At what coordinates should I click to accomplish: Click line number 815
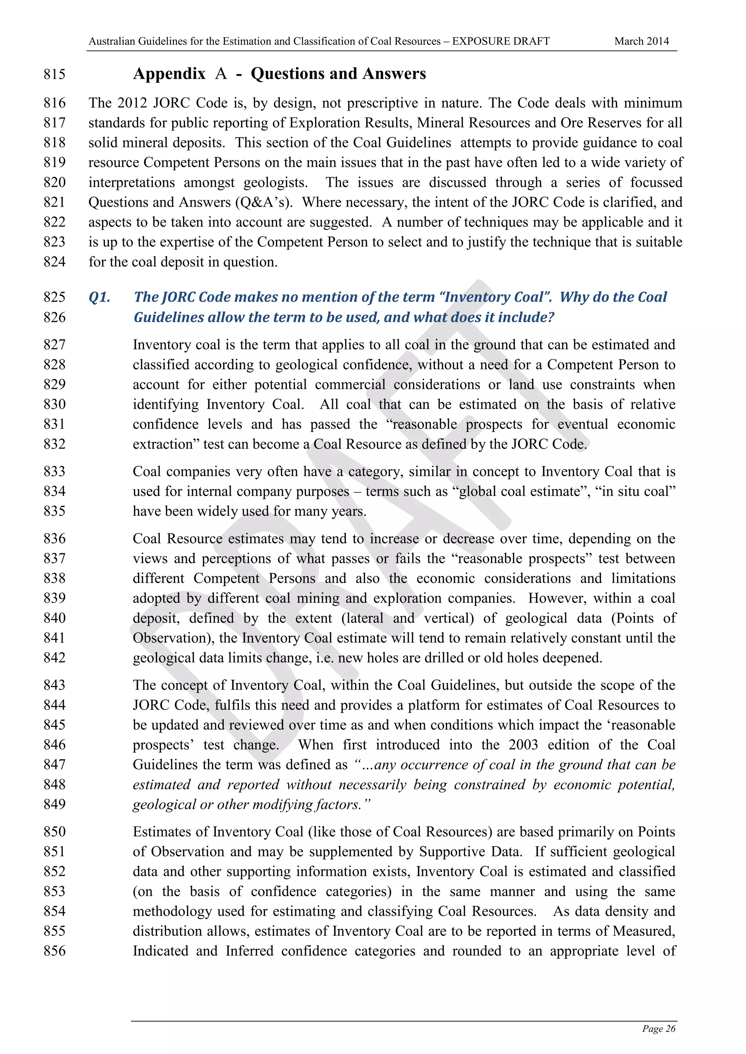[55, 74]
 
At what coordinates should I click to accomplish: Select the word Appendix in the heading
[169, 74]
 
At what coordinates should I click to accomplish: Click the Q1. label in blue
[99, 297]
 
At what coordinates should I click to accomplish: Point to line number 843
[55, 685]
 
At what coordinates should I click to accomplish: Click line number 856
[55, 951]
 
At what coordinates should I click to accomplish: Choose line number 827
[55, 345]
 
